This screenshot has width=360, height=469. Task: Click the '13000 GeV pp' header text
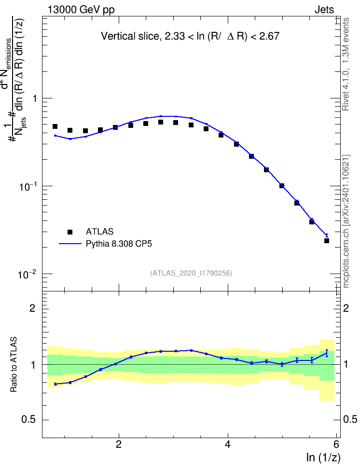[x=81, y=10]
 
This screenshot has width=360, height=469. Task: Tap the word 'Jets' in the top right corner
[x=324, y=10]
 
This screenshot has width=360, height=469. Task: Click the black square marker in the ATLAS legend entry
[x=70, y=232]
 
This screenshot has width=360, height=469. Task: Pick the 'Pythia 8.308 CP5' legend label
[x=119, y=244]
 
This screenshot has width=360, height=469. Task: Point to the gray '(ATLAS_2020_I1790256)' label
[x=191, y=273]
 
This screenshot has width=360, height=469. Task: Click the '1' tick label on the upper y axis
[x=35, y=98]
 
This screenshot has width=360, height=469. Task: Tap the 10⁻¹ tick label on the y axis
[x=27, y=186]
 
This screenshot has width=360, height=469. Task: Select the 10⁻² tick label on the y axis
[x=27, y=274]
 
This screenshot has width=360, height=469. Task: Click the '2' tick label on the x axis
[x=119, y=444]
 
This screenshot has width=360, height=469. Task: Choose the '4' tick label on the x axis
[x=228, y=444]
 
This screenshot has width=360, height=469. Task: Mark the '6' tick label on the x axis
[x=336, y=444]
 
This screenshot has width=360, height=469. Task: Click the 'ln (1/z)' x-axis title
[x=323, y=457]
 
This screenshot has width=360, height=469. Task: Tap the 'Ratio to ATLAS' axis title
[x=14, y=364]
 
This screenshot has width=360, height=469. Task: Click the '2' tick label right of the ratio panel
[x=346, y=308]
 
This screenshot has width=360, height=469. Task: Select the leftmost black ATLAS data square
[x=55, y=126]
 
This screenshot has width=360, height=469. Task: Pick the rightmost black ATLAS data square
[x=327, y=240]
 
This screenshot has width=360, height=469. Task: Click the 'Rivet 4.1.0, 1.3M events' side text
[x=346, y=64]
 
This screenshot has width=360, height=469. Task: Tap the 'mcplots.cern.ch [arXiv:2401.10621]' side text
[x=346, y=221]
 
